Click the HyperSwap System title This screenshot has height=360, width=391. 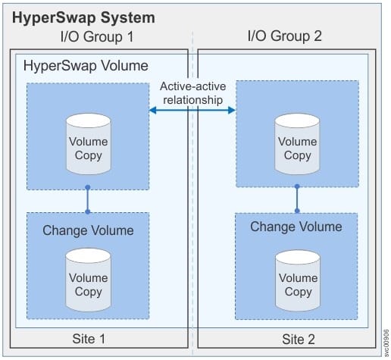click(x=83, y=18)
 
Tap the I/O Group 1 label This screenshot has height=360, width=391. click(x=97, y=36)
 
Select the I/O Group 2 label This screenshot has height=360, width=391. click(x=285, y=36)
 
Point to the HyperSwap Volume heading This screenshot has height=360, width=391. click(x=86, y=66)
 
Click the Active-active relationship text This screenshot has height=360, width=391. click(x=193, y=93)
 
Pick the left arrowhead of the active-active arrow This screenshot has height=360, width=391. click(x=153, y=110)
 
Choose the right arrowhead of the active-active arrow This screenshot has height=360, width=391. click(x=232, y=110)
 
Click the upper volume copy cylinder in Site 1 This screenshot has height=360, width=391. click(x=89, y=144)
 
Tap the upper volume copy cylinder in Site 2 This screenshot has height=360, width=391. click(x=297, y=144)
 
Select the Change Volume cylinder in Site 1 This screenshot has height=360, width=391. click(x=88, y=280)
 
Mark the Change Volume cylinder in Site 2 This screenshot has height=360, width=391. click(x=298, y=280)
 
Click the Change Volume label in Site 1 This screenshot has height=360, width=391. click(x=88, y=230)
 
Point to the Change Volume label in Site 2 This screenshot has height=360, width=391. click(x=296, y=227)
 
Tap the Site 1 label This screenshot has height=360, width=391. click(x=89, y=339)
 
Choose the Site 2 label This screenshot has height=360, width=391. click(x=299, y=340)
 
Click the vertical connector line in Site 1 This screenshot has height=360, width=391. click(x=88, y=199)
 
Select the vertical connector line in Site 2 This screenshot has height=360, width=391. click(x=297, y=199)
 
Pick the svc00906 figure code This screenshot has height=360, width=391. click(x=386, y=343)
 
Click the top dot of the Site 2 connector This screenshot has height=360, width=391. click(x=297, y=186)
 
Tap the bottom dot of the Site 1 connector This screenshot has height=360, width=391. click(x=88, y=211)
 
